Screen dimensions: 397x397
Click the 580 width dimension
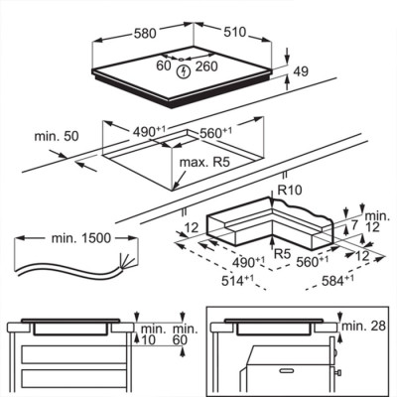pos(145,33)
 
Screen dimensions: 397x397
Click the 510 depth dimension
pos(235,32)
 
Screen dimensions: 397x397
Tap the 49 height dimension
pos(301,71)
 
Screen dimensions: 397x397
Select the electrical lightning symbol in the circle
pos(183,71)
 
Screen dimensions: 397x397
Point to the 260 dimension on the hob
pos(206,66)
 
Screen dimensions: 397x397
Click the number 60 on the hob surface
pos(164,66)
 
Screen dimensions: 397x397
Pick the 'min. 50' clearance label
pos(57,136)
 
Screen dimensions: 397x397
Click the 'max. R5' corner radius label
pos(204,163)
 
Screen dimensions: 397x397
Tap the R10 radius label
pos(290,191)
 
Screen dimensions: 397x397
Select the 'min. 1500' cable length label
pos(81,238)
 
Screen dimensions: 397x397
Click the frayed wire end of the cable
pos(127,260)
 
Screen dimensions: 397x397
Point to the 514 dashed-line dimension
pos(237,281)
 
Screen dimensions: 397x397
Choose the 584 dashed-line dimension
pos(337,281)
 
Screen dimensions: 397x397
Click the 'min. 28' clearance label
pos(363,326)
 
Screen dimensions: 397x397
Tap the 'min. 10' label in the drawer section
pos(153,334)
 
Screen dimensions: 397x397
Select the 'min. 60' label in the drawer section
pos(185,334)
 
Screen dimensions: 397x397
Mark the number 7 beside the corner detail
pos(354,225)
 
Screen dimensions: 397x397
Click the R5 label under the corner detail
pos(283,254)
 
